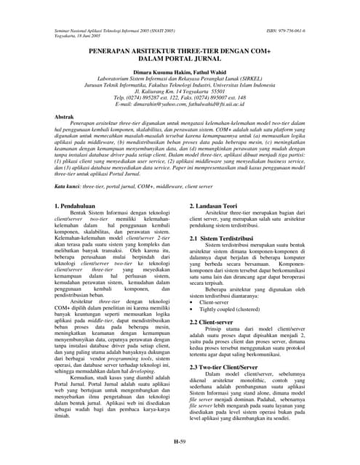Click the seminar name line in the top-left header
tap(116, 32)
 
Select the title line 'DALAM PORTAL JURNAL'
tap(180, 71)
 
